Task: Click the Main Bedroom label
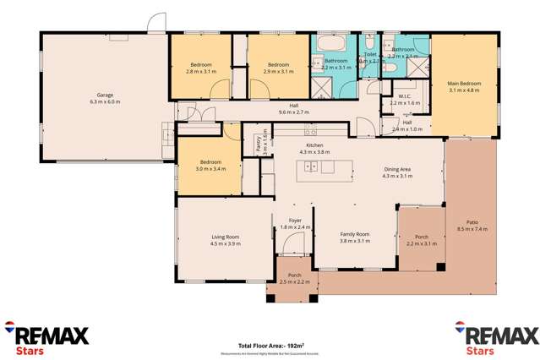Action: (464, 83)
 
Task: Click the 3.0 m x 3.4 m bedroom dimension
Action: (210, 168)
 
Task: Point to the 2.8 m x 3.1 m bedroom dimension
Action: (201, 72)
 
